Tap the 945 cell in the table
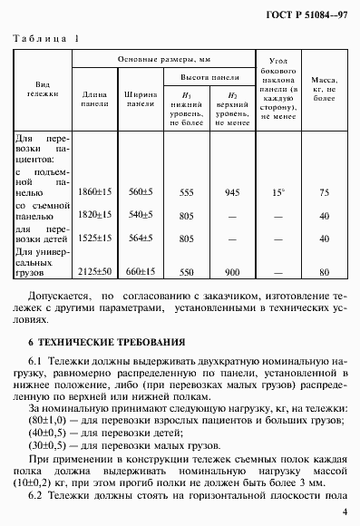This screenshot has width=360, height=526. coord(231,192)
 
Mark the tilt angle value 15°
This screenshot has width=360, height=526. coord(278,192)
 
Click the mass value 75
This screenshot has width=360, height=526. coord(325,192)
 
